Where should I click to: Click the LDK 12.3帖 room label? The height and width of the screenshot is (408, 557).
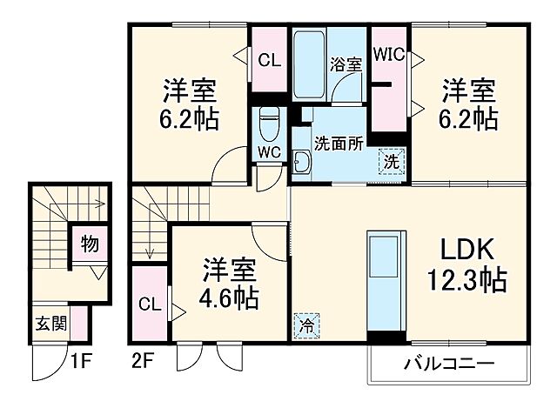466,266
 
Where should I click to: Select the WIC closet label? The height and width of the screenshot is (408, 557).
389,54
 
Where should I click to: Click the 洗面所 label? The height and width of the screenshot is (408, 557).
338,144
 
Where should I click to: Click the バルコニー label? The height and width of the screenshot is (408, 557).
449,364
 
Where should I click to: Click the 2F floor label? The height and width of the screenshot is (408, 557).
144,358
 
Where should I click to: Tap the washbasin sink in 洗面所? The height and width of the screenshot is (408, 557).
301,163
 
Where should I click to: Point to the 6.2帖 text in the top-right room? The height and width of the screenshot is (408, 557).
468,117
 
